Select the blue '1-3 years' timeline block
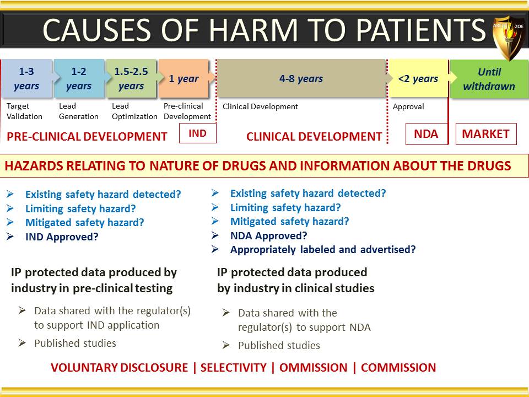pyautogui.click(x=27, y=78)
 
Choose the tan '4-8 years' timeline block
pyautogui.click(x=301, y=78)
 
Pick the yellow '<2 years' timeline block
pyautogui.click(x=418, y=78)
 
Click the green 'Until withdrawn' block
pyautogui.click(x=489, y=79)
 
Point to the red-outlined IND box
pyautogui.click(x=198, y=133)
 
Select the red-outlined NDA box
pyautogui.click(x=427, y=133)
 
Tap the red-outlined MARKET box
pyautogui.click(x=486, y=133)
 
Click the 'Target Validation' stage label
pyautogui.click(x=24, y=111)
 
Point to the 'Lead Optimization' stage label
pyautogui.click(x=134, y=111)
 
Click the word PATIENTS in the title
pyautogui.click(x=420, y=30)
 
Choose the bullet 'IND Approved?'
pyautogui.click(x=62, y=237)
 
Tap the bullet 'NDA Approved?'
pyautogui.click(x=268, y=235)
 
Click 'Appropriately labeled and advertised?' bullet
pyautogui.click(x=323, y=249)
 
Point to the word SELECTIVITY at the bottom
pyautogui.click(x=234, y=367)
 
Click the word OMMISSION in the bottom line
pyautogui.click(x=313, y=367)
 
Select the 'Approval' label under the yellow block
pyautogui.click(x=408, y=106)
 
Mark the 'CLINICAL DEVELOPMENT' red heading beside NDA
pyautogui.click(x=314, y=136)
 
